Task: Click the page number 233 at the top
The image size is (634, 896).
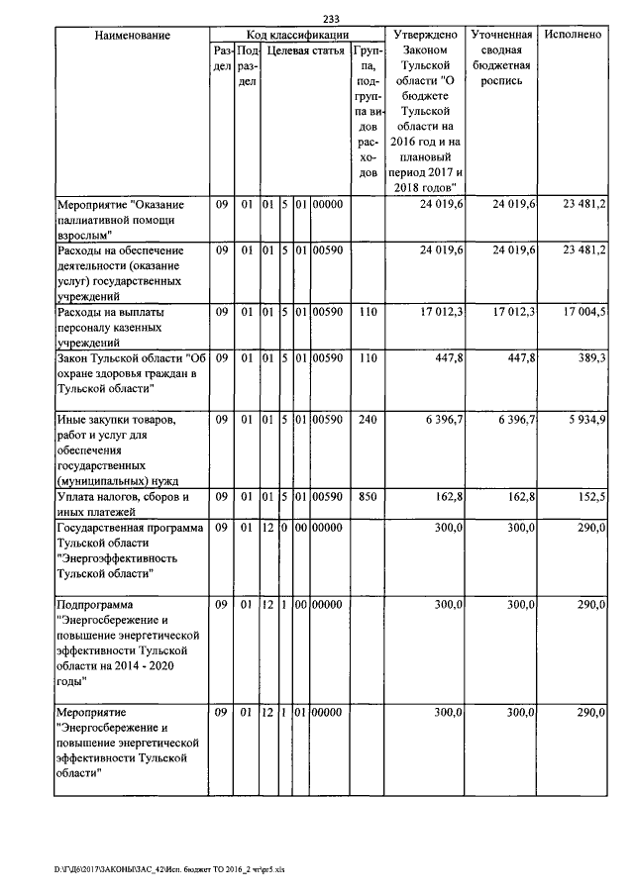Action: coord(331,18)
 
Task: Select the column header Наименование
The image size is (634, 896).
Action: coord(132,35)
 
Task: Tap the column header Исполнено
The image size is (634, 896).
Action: coord(574,35)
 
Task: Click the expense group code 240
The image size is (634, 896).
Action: coord(368,421)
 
